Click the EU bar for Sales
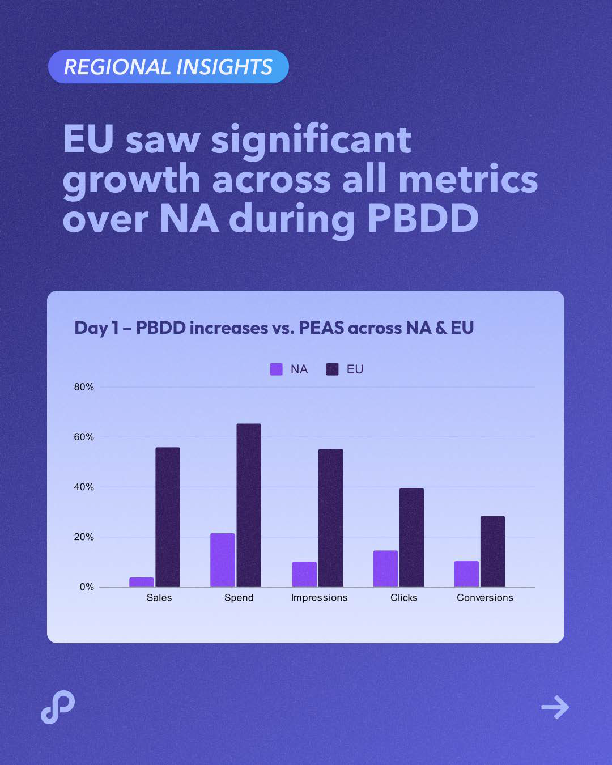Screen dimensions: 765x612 (168, 517)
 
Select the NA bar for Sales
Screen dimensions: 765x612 (142, 582)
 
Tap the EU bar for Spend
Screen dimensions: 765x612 (249, 505)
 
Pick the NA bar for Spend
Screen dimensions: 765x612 (223, 560)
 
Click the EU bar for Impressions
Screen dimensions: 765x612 (330, 517)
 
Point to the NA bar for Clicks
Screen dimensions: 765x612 (385, 568)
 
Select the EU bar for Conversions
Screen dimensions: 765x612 (492, 551)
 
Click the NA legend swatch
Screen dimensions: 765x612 (277, 369)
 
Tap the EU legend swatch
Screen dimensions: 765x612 (333, 369)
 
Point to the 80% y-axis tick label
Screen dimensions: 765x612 (84, 387)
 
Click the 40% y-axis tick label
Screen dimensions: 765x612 (84, 487)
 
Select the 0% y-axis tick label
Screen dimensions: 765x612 (87, 586)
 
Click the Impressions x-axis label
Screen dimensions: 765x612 (319, 598)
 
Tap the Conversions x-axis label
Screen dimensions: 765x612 (485, 598)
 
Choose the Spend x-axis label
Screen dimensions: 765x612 (239, 598)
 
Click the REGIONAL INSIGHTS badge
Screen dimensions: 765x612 (168, 67)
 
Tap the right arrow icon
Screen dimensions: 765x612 (555, 707)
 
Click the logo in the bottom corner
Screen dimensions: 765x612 (58, 707)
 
